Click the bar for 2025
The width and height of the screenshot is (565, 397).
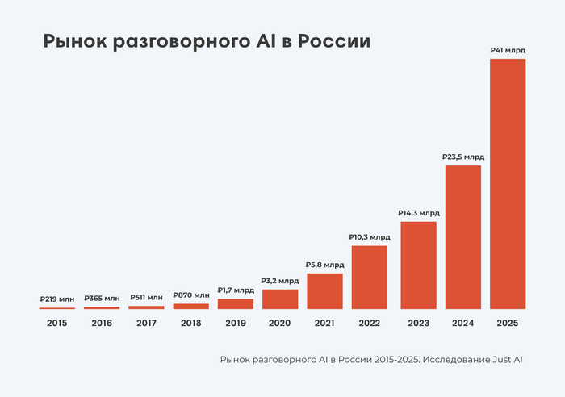tap(508, 184)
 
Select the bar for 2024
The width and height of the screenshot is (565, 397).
tap(463, 237)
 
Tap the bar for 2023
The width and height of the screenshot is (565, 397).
tap(418, 265)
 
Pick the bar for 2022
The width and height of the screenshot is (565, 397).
tap(370, 277)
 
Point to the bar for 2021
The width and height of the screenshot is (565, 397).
tap(324, 291)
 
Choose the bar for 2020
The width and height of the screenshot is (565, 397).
tap(280, 299)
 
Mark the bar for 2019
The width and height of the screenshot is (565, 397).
tap(236, 303)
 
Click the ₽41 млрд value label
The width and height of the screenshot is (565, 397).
tap(508, 50)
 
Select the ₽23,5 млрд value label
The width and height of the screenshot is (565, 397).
tap(463, 157)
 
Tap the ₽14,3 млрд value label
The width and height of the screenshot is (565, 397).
tap(418, 213)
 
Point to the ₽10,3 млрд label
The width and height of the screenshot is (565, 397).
tap(370, 237)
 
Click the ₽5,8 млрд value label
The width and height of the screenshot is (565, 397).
tap(324, 265)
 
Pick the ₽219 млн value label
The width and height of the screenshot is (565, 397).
tap(57, 299)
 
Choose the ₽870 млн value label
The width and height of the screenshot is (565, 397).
tap(191, 295)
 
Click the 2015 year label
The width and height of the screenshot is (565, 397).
tap(57, 323)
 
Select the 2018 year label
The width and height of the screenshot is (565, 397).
tap(191, 323)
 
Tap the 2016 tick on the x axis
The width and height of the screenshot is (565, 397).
tap(102, 323)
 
